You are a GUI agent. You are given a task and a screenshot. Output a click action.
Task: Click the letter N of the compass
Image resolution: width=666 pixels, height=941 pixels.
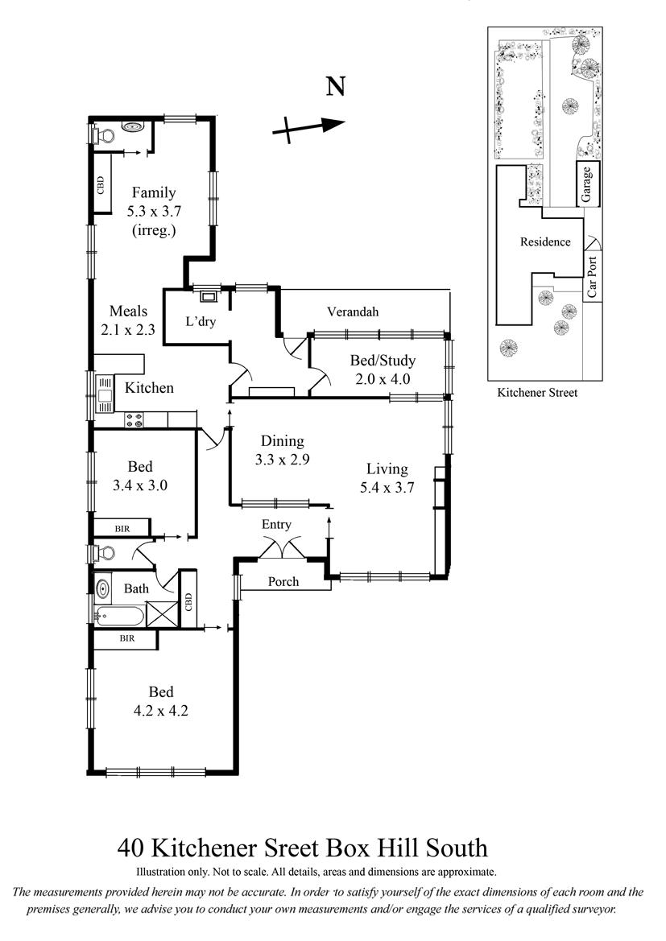click(x=336, y=86)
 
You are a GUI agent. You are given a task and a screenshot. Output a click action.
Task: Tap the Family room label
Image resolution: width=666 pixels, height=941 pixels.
click(x=154, y=192)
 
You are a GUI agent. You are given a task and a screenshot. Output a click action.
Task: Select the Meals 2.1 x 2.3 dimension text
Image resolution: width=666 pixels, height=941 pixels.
click(x=129, y=329)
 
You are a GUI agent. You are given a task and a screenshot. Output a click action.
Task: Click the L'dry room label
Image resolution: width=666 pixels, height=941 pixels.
click(x=200, y=322)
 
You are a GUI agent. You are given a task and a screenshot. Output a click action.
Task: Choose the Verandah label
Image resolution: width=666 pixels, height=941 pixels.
click(x=353, y=312)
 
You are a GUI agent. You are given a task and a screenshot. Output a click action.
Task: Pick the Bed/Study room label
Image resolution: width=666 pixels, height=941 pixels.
click(x=383, y=361)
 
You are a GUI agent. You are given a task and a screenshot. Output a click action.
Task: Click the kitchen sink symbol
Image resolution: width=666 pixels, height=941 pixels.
click(x=105, y=394)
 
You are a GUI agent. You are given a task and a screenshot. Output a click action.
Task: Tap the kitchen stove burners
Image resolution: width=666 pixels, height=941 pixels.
click(x=134, y=420)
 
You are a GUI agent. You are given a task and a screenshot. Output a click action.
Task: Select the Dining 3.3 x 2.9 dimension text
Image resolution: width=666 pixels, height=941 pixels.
click(x=282, y=460)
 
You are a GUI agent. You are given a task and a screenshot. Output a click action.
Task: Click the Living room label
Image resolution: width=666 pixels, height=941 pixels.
click(x=387, y=469)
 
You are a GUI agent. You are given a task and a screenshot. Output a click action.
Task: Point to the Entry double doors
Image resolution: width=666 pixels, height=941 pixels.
click(x=283, y=550)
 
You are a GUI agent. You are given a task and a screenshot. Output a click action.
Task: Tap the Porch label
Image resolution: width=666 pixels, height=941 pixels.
click(x=283, y=581)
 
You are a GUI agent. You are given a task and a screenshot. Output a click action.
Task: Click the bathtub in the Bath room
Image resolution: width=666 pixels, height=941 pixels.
click(x=119, y=616)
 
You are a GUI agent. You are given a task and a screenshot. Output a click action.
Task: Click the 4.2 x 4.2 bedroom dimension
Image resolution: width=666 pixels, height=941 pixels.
click(x=160, y=711)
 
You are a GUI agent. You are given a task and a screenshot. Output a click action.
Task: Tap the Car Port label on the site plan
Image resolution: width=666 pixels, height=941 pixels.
click(x=593, y=277)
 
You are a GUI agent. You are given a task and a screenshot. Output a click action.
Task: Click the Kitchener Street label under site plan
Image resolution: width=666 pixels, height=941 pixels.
click(x=537, y=393)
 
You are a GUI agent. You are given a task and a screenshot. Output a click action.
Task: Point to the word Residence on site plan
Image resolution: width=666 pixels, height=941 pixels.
click(x=545, y=241)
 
